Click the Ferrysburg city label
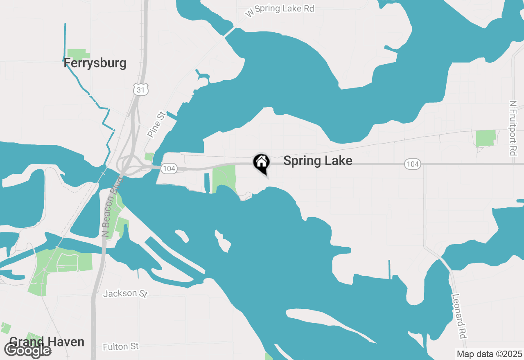tap(95, 63)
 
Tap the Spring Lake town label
tap(318, 161)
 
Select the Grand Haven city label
tap(47, 342)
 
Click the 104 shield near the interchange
tap(169, 168)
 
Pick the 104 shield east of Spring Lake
tap(413, 164)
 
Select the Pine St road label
tap(156, 124)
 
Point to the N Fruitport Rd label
tap(513, 128)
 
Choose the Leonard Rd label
tap(459, 315)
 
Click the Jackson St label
tap(125, 293)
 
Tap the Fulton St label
tap(121, 347)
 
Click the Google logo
tap(27, 351)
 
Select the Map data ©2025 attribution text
tap(489, 354)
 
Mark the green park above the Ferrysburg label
tap(78, 54)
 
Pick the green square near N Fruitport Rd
tap(486, 138)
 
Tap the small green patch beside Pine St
tap(149, 157)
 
